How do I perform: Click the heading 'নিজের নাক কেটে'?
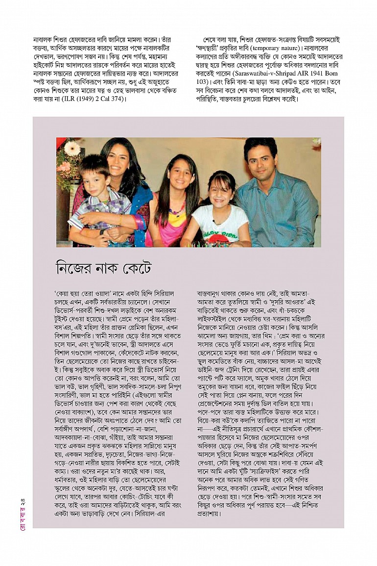click(104, 268)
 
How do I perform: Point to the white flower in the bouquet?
click(72, 148)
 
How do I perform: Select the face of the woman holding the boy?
click(117, 159)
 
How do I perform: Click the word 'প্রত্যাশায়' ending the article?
click(209, 514)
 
